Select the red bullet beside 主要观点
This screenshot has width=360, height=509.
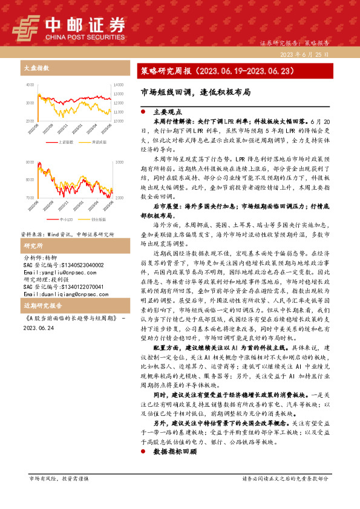[143, 112]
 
